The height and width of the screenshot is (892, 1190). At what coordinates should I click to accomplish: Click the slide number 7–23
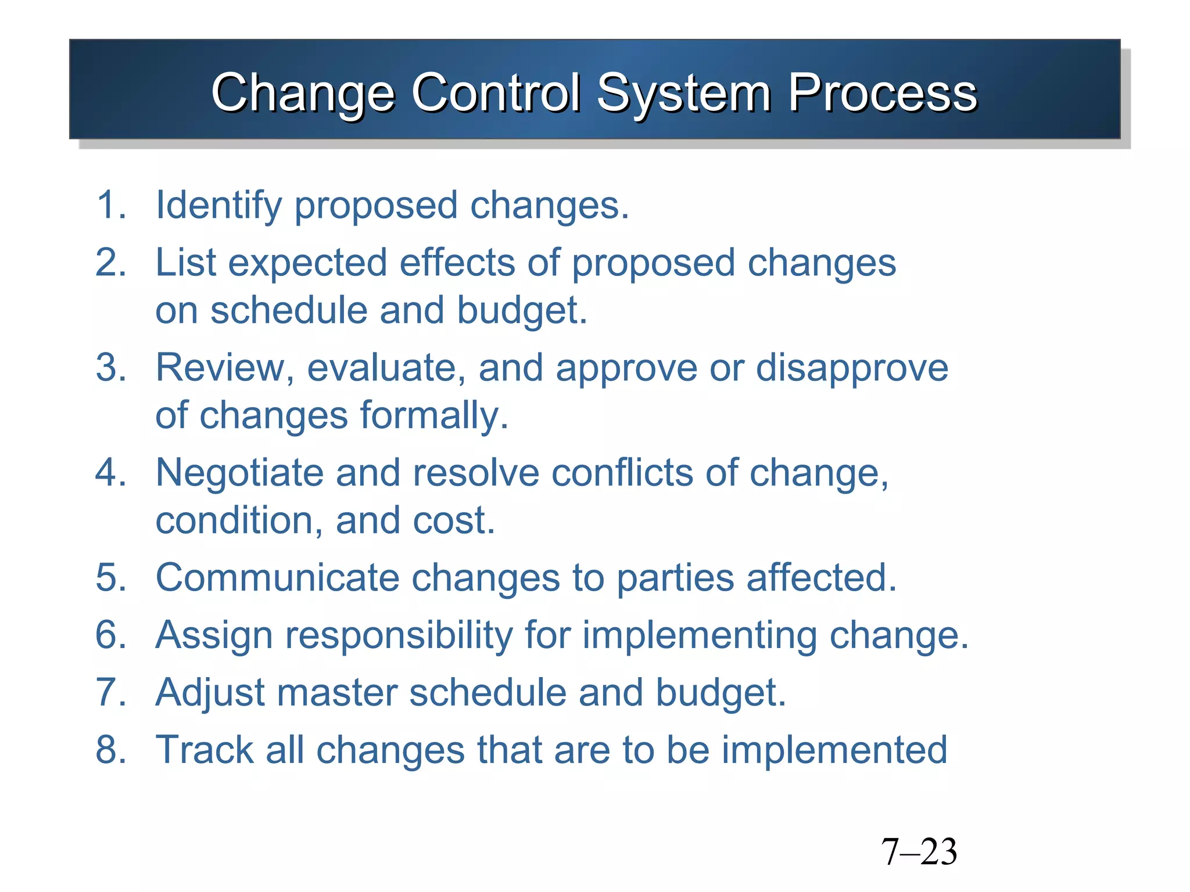919,852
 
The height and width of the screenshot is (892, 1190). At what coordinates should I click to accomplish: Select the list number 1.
110,206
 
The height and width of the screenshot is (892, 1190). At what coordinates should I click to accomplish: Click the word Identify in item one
218,206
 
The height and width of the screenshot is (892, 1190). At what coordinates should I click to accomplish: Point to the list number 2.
110,262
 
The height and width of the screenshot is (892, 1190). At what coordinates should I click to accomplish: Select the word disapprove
852,368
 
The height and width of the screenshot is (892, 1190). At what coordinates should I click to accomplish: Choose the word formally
433,415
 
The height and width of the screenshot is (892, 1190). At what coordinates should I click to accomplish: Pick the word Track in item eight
204,749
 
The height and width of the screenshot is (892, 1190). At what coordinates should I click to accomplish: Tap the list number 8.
110,749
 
